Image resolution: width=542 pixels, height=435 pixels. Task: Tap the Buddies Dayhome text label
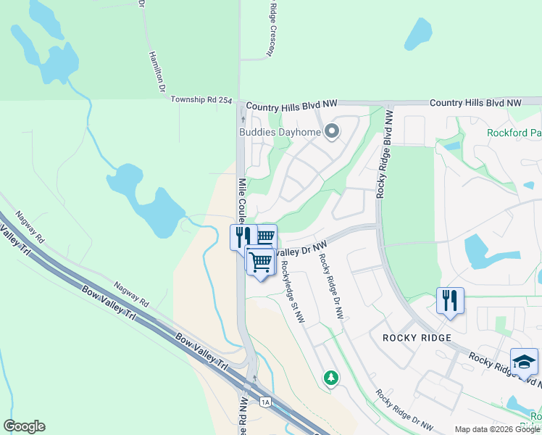[x=280, y=132]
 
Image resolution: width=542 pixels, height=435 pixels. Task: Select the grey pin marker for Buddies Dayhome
[x=332, y=131]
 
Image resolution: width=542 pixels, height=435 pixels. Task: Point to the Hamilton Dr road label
[x=157, y=71]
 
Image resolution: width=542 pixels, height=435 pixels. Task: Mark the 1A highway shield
[x=265, y=402]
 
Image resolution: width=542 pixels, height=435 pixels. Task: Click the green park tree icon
[x=330, y=378]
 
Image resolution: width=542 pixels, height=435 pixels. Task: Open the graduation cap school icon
[x=524, y=361]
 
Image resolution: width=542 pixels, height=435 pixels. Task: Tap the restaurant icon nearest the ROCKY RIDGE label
[x=450, y=299]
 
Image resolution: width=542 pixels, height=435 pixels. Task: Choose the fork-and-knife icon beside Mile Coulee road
[x=243, y=236]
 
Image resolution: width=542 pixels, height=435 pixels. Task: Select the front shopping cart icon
[x=260, y=262]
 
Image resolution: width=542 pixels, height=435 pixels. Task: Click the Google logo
[x=24, y=426]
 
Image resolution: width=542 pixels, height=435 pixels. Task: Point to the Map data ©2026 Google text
[x=496, y=429]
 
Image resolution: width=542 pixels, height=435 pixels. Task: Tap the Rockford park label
[x=514, y=133]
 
